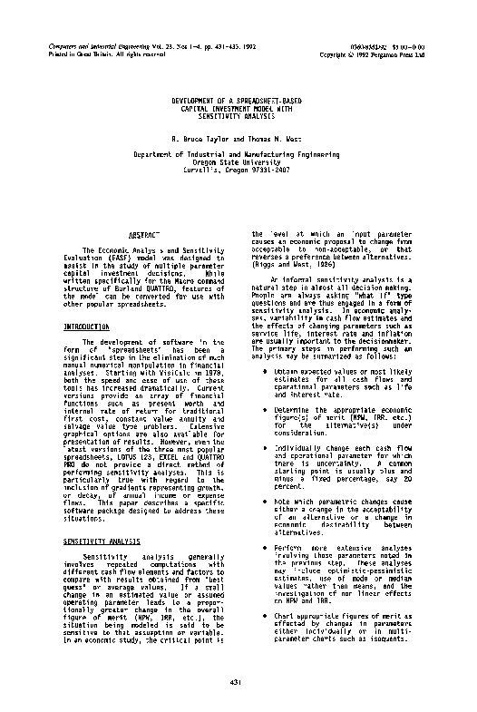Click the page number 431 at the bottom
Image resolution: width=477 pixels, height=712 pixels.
237,681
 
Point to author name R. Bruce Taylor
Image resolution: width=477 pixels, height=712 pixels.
198,141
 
